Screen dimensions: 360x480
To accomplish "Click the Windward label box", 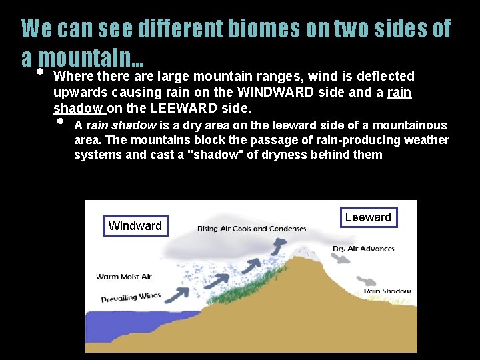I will (135, 226).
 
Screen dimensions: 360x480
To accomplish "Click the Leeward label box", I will (368, 217).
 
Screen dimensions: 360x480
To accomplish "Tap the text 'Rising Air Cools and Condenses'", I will (251, 229).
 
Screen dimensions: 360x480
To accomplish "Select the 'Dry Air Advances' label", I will (363, 249).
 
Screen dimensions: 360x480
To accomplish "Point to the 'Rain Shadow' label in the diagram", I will (387, 291).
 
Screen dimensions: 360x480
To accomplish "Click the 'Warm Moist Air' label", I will (124, 276).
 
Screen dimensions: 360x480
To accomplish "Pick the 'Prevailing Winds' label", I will (131, 298).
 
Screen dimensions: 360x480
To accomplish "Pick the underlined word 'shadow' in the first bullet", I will (78, 108).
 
